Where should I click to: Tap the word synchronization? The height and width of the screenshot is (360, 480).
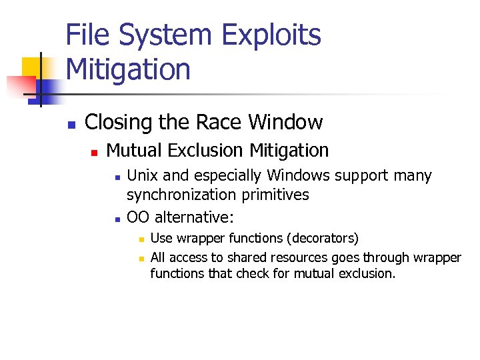point(177,195)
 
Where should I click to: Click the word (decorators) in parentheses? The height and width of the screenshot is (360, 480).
point(323,239)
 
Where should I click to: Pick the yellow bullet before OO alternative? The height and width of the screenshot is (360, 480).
point(117,219)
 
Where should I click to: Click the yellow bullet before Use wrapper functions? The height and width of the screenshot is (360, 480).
point(139,239)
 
